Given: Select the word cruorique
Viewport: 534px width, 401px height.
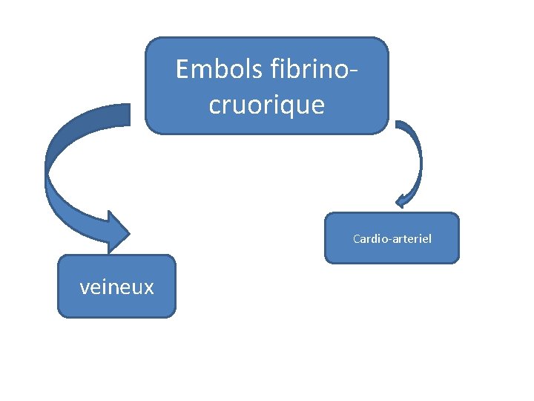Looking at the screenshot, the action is [267, 105].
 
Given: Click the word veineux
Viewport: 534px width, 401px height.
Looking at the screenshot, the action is [116, 287].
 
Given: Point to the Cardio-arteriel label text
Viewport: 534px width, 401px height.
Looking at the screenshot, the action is [392, 239].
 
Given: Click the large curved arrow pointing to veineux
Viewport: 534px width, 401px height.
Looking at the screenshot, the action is [63, 178].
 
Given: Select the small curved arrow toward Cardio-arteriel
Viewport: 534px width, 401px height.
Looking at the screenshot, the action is [415, 160].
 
